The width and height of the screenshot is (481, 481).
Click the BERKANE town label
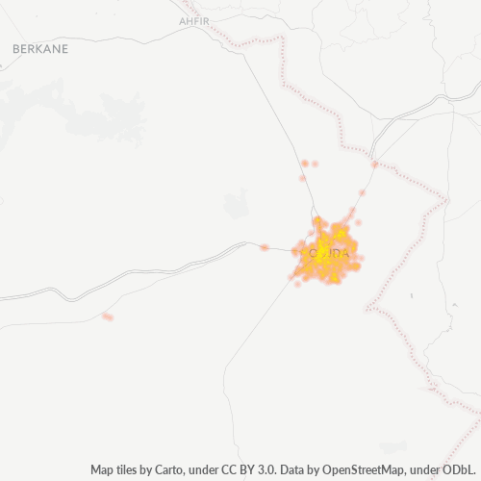click(x=40, y=47)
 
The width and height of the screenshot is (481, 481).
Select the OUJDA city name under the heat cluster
click(x=327, y=253)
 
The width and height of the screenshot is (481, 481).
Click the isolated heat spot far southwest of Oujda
click(x=108, y=316)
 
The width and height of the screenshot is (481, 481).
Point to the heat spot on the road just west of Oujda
click(x=265, y=248)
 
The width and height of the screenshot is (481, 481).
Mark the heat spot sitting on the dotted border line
click(x=374, y=165)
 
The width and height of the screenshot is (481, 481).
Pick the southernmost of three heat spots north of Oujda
click(x=302, y=178)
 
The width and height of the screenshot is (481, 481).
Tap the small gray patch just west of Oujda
click(x=237, y=204)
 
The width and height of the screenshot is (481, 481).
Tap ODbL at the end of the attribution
click(x=460, y=469)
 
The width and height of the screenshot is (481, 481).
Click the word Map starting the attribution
click(x=103, y=469)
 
